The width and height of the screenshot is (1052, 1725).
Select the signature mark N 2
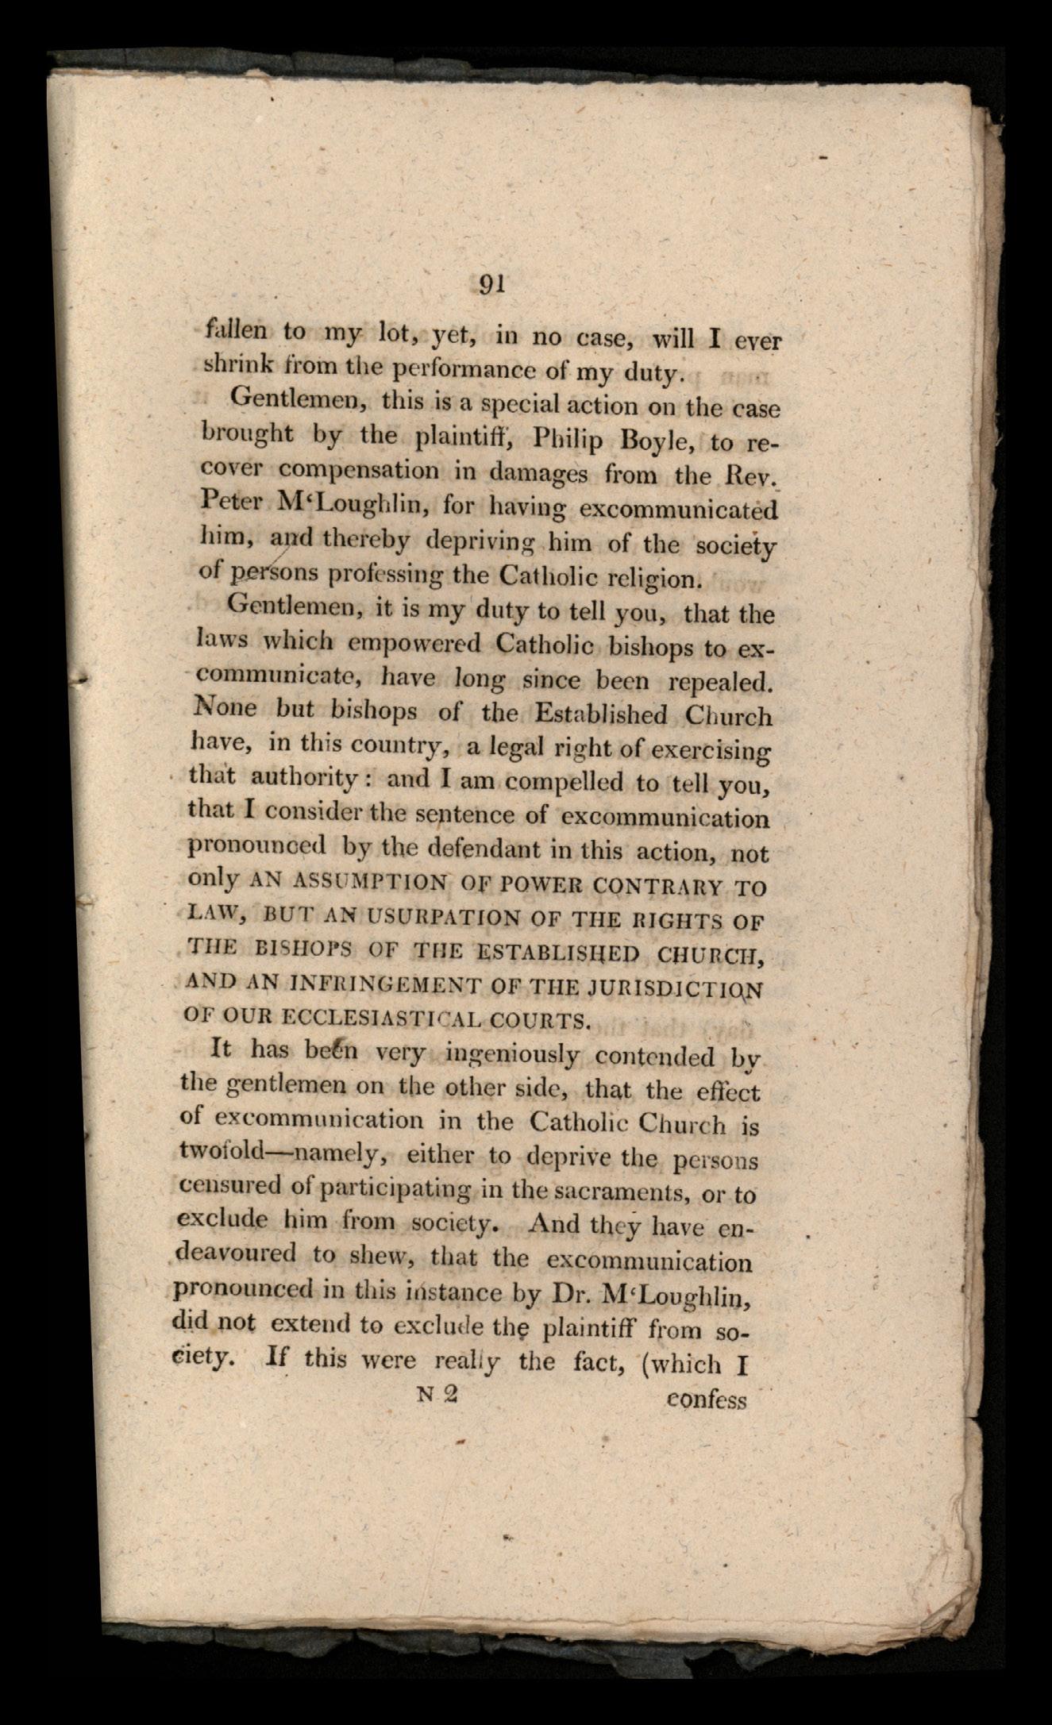pos(437,1395)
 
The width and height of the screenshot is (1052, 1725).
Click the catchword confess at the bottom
pos(707,1400)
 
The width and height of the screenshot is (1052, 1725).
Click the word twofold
pos(217,1157)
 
